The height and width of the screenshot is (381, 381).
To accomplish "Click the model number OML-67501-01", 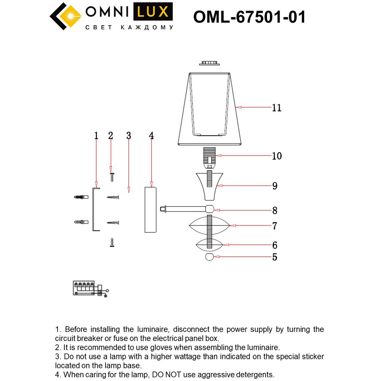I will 250,17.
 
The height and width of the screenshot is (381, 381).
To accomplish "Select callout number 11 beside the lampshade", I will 277,108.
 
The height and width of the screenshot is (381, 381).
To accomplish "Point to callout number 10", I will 277,156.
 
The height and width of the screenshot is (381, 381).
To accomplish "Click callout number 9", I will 275,186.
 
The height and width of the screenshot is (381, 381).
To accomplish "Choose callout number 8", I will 275,210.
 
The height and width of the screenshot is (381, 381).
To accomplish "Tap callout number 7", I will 275,226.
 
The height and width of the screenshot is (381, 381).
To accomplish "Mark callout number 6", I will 275,245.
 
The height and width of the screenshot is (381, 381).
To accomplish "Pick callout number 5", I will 275,257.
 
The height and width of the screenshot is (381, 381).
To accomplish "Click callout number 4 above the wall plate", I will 151,136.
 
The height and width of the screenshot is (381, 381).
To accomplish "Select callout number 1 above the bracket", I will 96,136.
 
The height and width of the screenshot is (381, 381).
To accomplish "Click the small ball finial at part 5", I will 209,257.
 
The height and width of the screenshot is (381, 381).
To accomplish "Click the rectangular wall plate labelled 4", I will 151,210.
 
